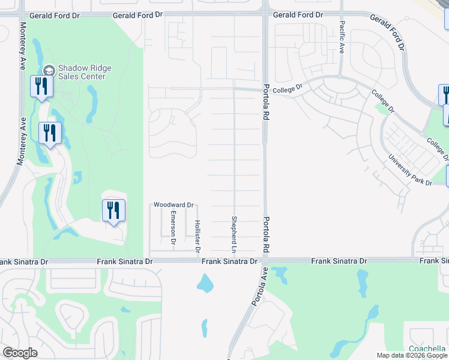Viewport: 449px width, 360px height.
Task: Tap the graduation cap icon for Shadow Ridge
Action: pos(49,70)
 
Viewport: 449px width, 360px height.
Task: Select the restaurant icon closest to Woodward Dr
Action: pos(113,211)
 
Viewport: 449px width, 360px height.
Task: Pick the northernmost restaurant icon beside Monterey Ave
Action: pos(41,86)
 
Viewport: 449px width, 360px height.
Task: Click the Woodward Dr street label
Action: pos(173,205)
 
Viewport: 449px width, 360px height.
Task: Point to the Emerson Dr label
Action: pos(173,227)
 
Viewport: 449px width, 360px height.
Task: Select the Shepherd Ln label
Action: pos(235,234)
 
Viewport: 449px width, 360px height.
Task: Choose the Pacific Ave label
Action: pos(342,38)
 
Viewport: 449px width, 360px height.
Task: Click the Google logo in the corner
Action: pos(20,353)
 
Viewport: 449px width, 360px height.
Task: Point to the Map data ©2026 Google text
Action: pos(412,355)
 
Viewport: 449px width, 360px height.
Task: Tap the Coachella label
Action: pos(427,349)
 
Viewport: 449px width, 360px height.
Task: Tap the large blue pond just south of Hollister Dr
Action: pos(205,282)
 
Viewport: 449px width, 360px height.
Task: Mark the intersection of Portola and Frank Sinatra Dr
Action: pos(262,261)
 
